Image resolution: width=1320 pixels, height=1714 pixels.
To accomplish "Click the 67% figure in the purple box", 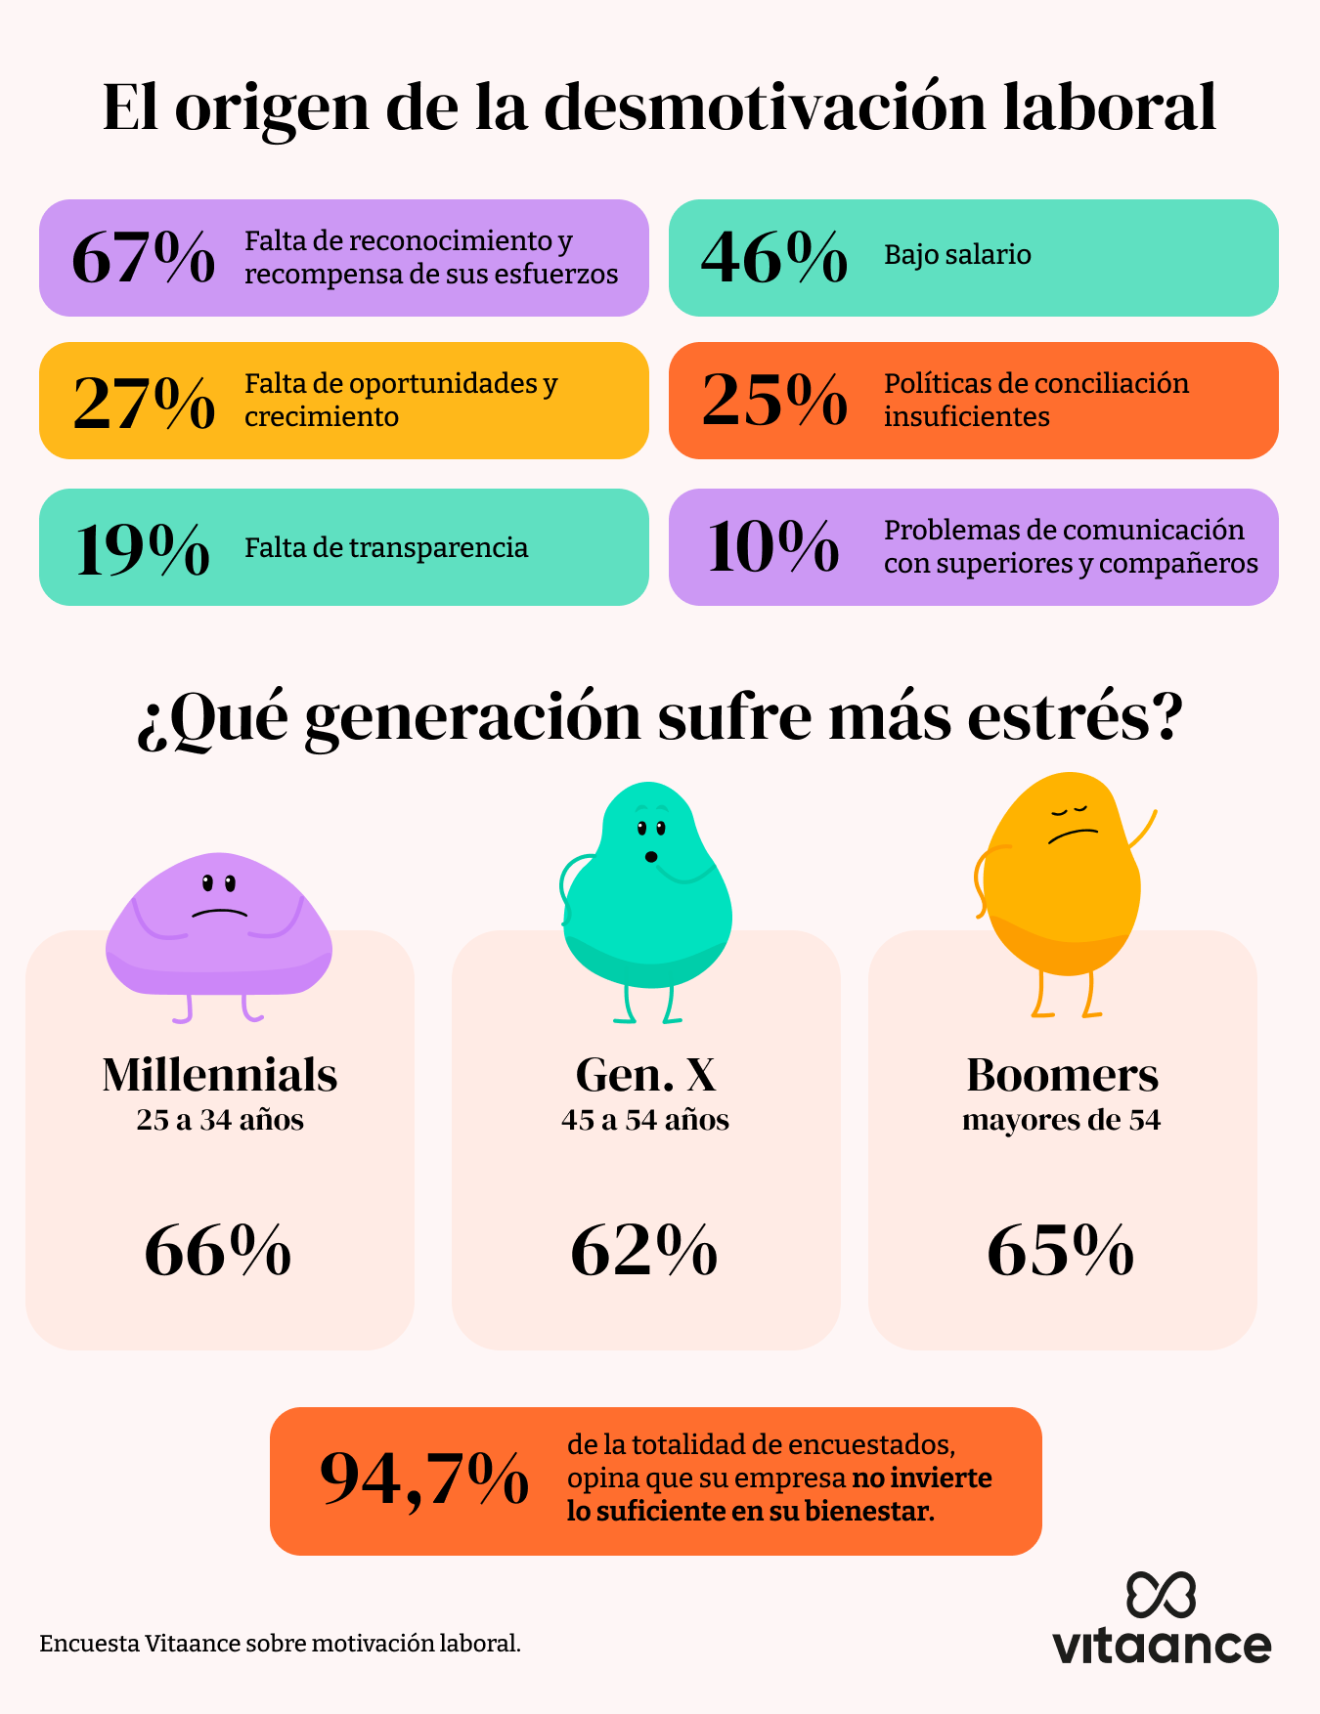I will coord(144,258).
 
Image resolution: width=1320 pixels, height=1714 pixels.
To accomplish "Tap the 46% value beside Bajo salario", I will coord(774,258).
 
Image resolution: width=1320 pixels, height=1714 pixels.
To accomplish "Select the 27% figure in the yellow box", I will coord(144,402).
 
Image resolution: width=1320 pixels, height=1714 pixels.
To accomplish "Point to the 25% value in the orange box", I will coord(774,401).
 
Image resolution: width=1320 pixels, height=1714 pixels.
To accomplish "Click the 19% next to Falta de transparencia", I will coord(142,549).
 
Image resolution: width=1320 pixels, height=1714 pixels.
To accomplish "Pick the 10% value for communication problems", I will coord(772,547).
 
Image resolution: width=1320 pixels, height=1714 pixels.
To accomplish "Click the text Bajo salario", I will coord(957,255).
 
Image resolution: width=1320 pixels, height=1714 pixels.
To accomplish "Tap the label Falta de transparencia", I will coord(386,548).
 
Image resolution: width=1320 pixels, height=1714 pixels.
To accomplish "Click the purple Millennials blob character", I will coord(219,924).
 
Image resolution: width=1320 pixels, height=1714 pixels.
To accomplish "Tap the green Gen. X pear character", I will coord(647,889).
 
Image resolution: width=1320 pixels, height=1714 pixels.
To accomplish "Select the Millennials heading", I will coord(220,1075).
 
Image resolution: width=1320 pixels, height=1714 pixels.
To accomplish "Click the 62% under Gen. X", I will coord(644,1251).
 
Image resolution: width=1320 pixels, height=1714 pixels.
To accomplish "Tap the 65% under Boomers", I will coord(1061,1251).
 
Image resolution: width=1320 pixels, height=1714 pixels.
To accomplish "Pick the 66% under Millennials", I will coord(218,1251).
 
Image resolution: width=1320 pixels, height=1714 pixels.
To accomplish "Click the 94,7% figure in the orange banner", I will coord(424,1479).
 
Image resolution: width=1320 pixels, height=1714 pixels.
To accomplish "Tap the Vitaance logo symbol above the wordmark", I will coord(1161,1595).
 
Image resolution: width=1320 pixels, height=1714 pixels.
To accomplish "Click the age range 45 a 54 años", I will coord(645,1120).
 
